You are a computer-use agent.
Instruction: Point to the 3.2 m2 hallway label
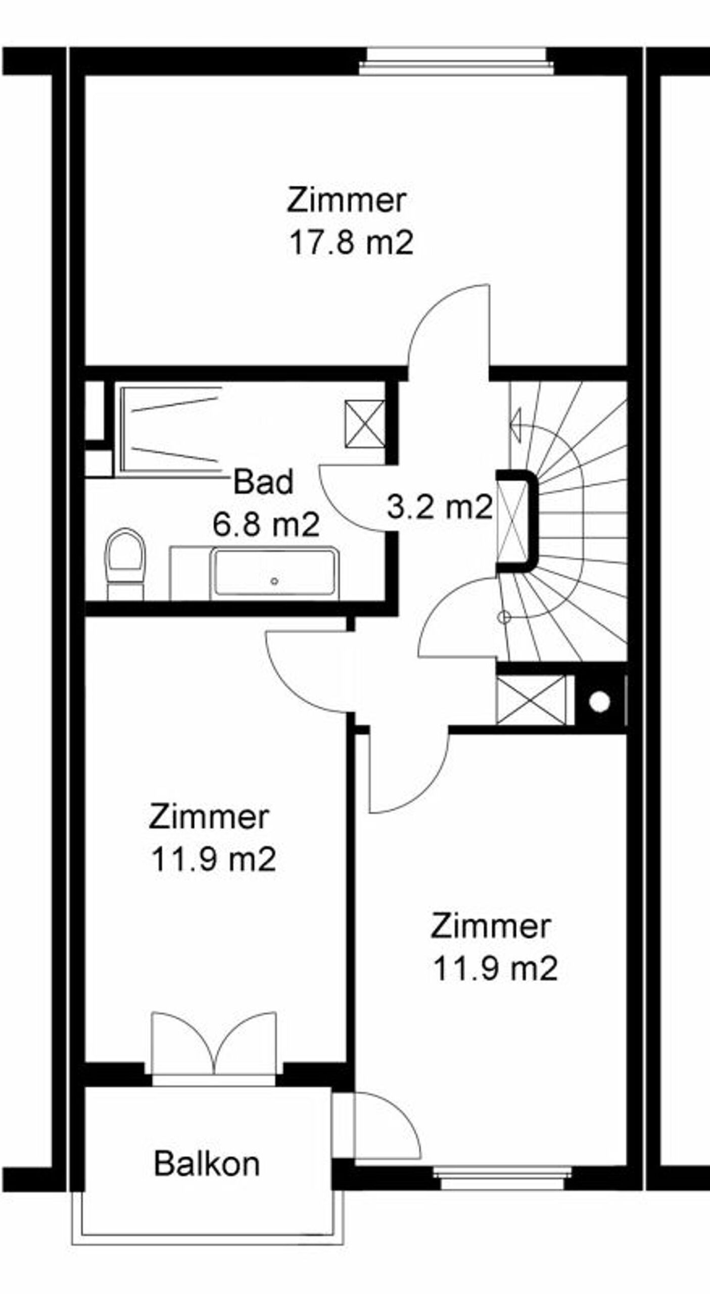click(x=440, y=507)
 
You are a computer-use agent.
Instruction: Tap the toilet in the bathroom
click(x=124, y=564)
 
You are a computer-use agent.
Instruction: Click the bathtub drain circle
click(x=274, y=581)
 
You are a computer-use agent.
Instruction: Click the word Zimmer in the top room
click(x=347, y=200)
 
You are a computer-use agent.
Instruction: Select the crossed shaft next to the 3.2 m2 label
click(x=511, y=522)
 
